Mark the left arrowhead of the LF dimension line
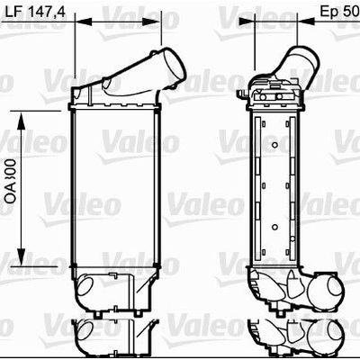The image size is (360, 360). (76, 20)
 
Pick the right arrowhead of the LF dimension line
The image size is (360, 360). (161, 20)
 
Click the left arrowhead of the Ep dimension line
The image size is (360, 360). (257, 20)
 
